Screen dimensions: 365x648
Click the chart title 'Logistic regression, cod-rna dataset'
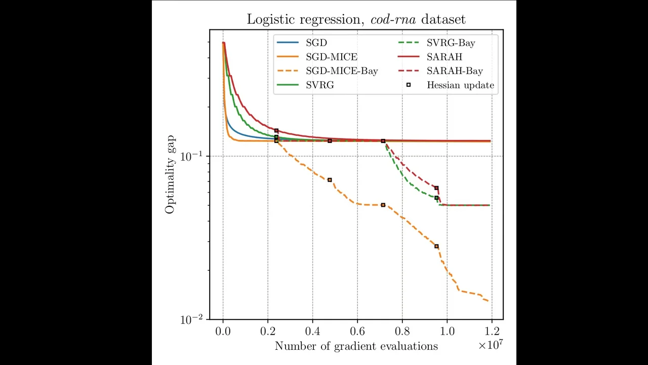[x=356, y=19]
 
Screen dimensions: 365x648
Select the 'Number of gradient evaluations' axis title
[x=356, y=346]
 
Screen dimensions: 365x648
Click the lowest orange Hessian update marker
[x=436, y=246]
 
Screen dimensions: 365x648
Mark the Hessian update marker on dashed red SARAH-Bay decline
[x=436, y=188]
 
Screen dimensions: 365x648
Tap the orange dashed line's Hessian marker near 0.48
[x=330, y=180]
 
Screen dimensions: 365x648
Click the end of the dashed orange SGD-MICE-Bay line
[x=489, y=302]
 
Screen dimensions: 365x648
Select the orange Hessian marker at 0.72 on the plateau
[x=383, y=205]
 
